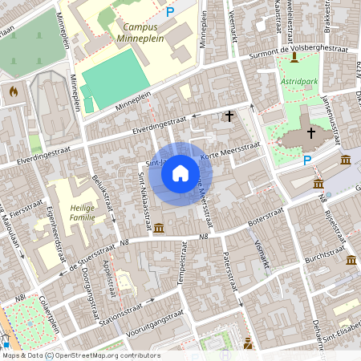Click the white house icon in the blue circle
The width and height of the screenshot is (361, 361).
(x=180, y=173)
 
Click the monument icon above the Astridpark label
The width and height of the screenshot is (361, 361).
(x=294, y=57)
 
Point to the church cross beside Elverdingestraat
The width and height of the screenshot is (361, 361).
(x=229, y=116)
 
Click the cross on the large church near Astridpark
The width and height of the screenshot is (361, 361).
(x=310, y=132)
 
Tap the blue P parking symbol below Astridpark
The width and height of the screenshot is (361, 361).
(x=306, y=160)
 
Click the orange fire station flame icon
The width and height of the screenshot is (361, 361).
(x=12, y=91)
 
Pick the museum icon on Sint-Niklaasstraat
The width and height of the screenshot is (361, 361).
(x=159, y=229)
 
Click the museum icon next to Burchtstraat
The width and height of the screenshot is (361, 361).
(x=351, y=260)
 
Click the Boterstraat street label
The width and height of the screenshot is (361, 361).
(x=266, y=216)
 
